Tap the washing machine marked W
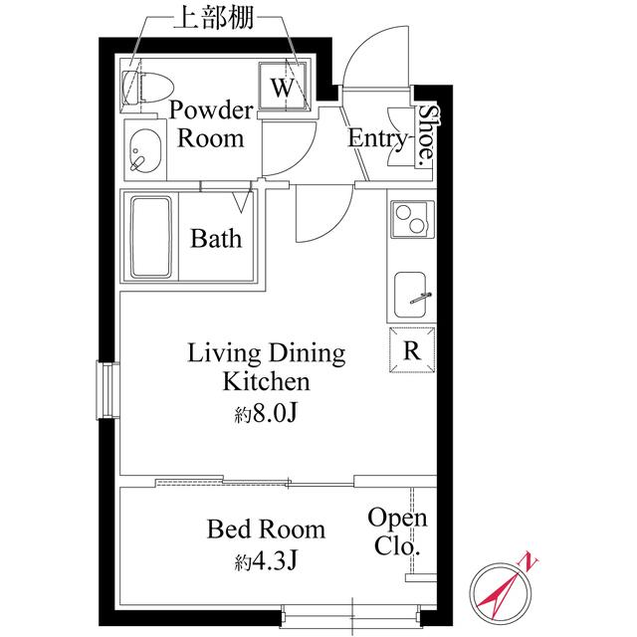pyautogui.click(x=285, y=87)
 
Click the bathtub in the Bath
pyautogui.click(x=151, y=238)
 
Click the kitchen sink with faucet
pyautogui.click(x=412, y=294)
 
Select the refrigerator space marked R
pyautogui.click(x=411, y=349)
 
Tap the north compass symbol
pyautogui.click(x=504, y=588)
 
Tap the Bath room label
pyautogui.click(x=216, y=239)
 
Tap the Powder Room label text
pyautogui.click(x=210, y=123)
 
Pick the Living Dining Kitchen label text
pyautogui.click(x=267, y=367)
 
